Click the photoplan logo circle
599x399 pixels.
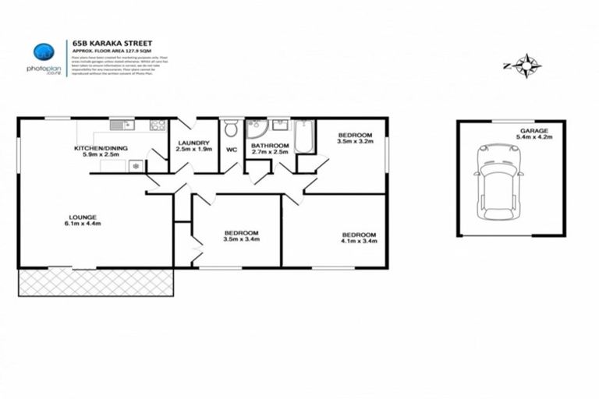tap(44, 53)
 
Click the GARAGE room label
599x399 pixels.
tap(535, 131)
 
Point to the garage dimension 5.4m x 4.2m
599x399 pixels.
tap(535, 138)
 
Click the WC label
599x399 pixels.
tap(231, 149)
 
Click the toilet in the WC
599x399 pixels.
tap(231, 129)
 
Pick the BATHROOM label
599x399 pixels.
tap(270, 145)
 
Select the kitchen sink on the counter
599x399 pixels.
tap(122, 125)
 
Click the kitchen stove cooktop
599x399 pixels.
tap(158, 125)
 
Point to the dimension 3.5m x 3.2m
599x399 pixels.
tap(355, 142)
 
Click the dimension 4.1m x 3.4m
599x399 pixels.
tap(359, 242)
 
